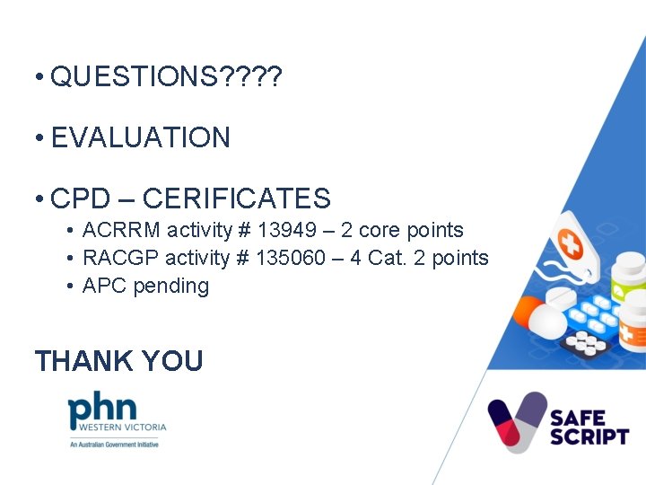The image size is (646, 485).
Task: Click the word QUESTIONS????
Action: click(166, 77)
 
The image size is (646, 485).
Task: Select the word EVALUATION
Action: click(141, 137)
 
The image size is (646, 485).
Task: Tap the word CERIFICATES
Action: click(236, 198)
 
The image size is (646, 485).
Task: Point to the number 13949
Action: click(288, 230)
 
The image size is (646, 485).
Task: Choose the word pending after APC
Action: click(170, 287)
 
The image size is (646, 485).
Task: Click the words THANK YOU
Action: click(118, 361)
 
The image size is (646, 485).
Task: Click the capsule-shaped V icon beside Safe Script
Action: click(517, 421)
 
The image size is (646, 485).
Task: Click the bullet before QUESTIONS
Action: click(39, 78)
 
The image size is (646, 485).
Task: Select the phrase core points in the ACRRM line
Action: click(423, 230)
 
